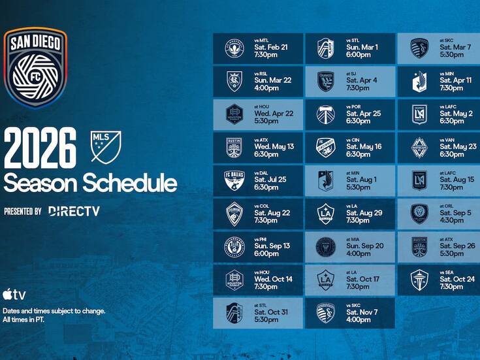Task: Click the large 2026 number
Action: tap(40, 149)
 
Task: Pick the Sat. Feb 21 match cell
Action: tap(258, 48)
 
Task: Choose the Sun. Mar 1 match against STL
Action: tap(349, 48)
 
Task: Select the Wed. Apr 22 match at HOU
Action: tap(258, 114)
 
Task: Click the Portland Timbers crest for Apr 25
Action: tap(325, 114)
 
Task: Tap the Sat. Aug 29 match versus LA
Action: tap(349, 214)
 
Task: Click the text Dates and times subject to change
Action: tap(54, 311)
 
